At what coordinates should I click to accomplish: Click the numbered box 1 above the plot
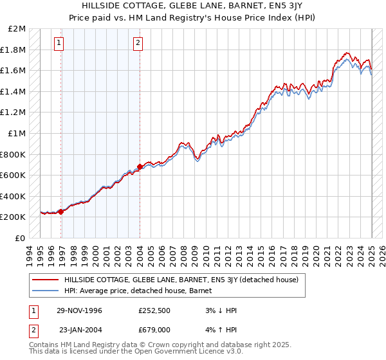click(x=59, y=43)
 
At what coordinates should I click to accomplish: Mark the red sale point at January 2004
click(x=140, y=167)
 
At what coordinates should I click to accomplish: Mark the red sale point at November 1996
click(x=61, y=212)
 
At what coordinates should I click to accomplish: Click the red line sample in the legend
click(x=45, y=280)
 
